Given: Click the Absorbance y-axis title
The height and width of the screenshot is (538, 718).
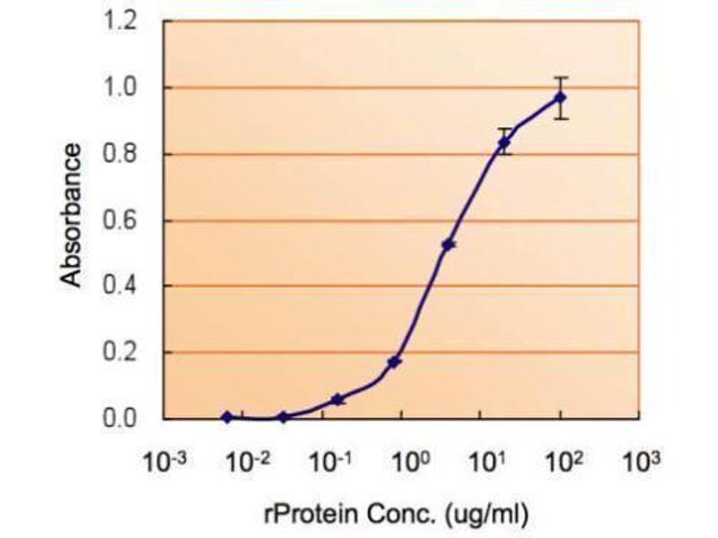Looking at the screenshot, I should click(73, 215).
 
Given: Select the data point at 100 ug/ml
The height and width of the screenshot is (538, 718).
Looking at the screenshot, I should click(561, 98).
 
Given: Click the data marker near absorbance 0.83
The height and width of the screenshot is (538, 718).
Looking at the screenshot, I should click(504, 143).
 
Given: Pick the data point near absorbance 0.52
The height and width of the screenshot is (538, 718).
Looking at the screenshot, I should click(449, 244).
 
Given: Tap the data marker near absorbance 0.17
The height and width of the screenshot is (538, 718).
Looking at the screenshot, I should click(394, 362).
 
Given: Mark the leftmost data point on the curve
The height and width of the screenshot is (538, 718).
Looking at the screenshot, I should click(227, 417).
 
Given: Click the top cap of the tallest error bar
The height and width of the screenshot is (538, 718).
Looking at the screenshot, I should click(561, 77).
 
